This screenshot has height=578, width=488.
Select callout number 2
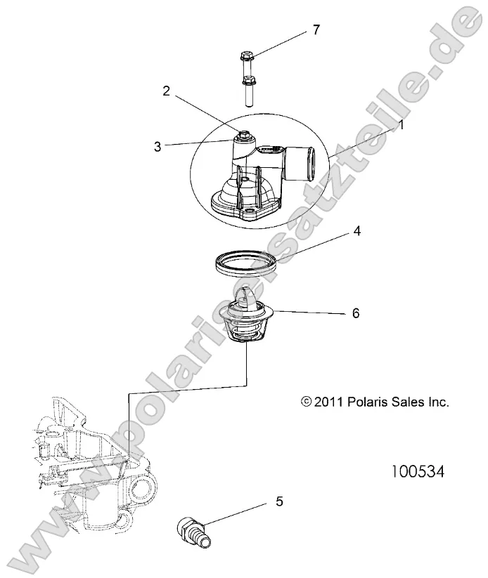(x=166, y=90)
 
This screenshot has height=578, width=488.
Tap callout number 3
(x=158, y=146)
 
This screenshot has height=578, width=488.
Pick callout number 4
(x=357, y=230)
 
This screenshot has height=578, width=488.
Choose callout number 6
(x=355, y=313)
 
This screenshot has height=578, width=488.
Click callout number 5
(x=279, y=501)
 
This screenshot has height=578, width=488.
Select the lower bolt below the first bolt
(x=248, y=91)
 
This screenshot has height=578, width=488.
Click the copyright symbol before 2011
(x=305, y=402)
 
